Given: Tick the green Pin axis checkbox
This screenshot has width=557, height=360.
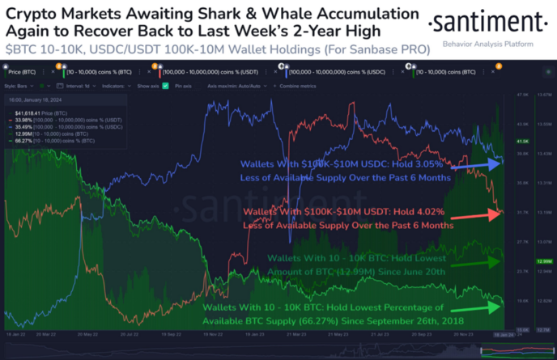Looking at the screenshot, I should tap(165, 85).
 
